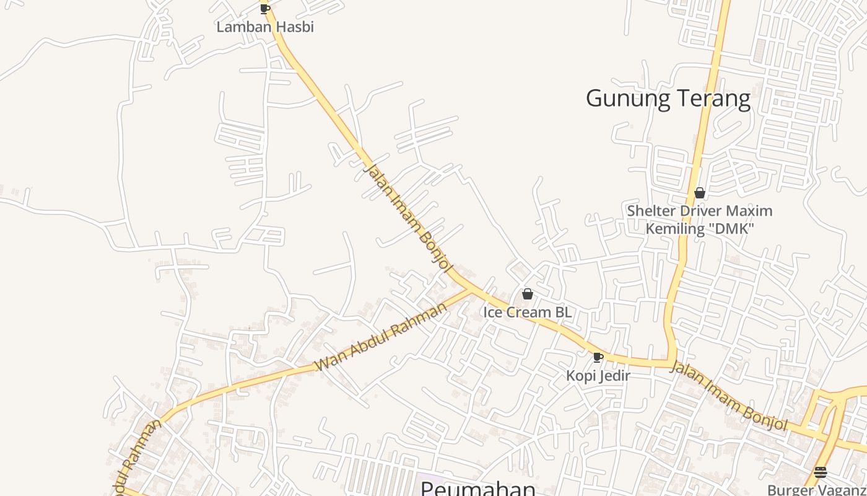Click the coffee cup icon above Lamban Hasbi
click(265, 9)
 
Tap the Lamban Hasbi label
click(265, 27)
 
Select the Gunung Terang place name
click(668, 99)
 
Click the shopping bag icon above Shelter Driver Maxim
click(700, 193)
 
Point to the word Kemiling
click(674, 229)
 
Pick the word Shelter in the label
click(651, 211)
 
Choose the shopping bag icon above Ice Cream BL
click(528, 294)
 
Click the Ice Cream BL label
click(528, 312)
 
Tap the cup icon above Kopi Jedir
click(598, 357)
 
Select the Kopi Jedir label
click(598, 375)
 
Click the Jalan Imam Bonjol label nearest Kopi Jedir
click(728, 397)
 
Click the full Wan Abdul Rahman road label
click(381, 338)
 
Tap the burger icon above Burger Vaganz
click(821, 472)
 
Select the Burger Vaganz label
click(816, 490)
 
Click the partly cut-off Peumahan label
click(477, 489)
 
